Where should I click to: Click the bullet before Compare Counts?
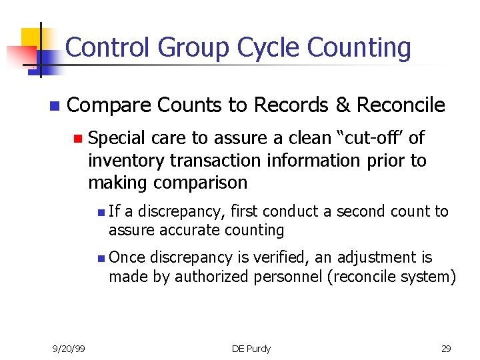point(54,106)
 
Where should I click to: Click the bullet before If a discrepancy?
point(99,213)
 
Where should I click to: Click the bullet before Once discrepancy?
point(99,258)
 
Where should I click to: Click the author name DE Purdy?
point(251,347)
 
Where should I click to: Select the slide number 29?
point(446,347)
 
